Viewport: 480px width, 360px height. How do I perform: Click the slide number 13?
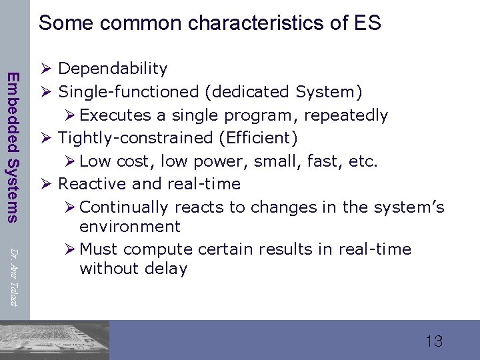tap(433, 341)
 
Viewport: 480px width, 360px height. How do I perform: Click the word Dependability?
tap(113, 69)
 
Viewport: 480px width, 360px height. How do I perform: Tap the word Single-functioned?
tap(129, 91)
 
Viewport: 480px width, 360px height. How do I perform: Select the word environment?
tap(129, 226)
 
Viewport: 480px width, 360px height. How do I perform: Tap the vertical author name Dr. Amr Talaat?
tap(13, 274)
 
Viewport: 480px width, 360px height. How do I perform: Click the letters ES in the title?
tap(367, 23)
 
